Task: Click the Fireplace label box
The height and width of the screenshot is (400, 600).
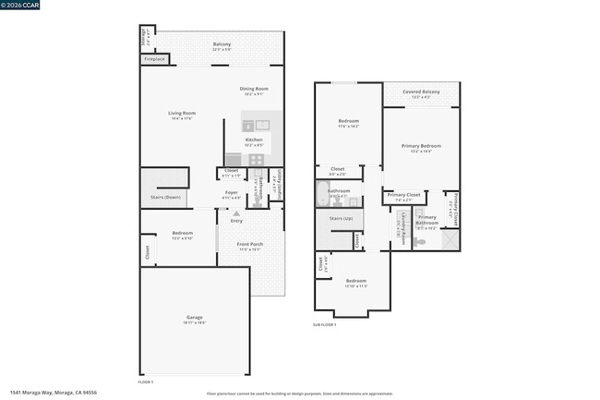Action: point(155,59)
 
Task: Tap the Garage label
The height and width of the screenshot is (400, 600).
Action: point(194,319)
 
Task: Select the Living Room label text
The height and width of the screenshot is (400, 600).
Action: point(182,115)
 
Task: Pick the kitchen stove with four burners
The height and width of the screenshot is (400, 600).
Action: point(256,159)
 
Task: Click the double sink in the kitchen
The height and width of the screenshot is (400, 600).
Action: point(256,125)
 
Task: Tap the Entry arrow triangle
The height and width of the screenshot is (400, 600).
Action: point(235,213)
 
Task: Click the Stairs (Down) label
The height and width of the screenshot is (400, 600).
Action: point(166,197)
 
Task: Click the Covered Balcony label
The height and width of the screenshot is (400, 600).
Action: point(420,91)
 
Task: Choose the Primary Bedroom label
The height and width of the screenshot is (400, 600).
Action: point(420,147)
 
